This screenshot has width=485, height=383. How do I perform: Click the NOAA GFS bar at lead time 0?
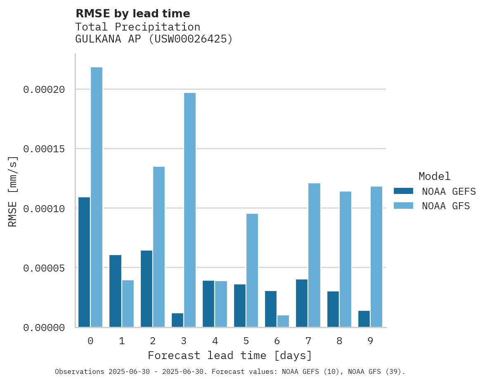[97, 197]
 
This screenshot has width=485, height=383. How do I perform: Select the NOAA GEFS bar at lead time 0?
[84, 262]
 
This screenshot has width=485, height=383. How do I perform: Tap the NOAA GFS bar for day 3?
[190, 210]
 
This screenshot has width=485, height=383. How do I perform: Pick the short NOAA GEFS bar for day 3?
[177, 320]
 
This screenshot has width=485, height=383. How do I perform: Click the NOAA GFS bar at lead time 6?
[283, 321]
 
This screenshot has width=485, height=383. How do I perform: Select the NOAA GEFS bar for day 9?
[364, 319]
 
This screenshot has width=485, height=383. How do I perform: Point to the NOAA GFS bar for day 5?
[252, 270]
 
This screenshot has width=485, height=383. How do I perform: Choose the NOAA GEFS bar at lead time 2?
[147, 289]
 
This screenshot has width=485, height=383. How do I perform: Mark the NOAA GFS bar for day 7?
[315, 255]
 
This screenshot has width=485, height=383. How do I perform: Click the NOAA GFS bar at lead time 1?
[128, 304]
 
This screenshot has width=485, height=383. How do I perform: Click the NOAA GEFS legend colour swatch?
[403, 191]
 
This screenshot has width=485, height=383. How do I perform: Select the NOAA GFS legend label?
[446, 206]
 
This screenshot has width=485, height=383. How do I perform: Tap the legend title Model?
[434, 177]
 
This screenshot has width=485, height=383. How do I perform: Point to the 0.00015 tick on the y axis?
[44, 149]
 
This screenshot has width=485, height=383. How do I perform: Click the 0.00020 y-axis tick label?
[44, 90]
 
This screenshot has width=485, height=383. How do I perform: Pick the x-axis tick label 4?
[215, 341]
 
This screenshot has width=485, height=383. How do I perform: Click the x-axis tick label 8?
[339, 341]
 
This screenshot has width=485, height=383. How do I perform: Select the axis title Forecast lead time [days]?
[230, 356]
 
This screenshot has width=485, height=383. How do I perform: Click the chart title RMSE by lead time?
[132, 14]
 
